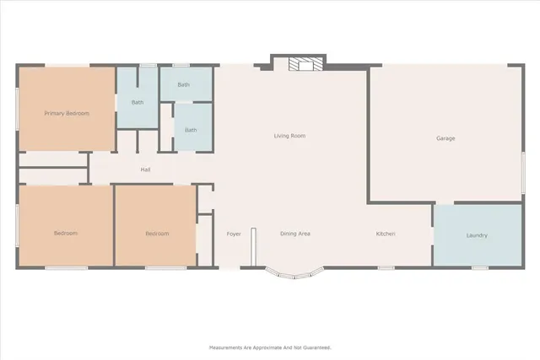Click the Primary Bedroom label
click(x=67, y=113)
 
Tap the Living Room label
click(x=289, y=136)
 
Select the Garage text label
click(x=445, y=138)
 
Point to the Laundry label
click(x=477, y=235)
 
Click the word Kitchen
click(x=386, y=234)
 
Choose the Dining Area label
click(x=295, y=234)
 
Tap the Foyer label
click(x=234, y=234)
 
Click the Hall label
click(x=145, y=170)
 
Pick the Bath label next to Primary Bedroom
click(x=137, y=103)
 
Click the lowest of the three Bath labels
click(x=192, y=130)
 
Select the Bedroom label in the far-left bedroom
click(x=66, y=234)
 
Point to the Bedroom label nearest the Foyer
click(x=156, y=234)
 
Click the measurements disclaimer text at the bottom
click(x=270, y=347)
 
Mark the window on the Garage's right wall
click(x=524, y=165)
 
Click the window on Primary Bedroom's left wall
click(x=18, y=108)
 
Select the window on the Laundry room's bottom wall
click(x=479, y=268)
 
